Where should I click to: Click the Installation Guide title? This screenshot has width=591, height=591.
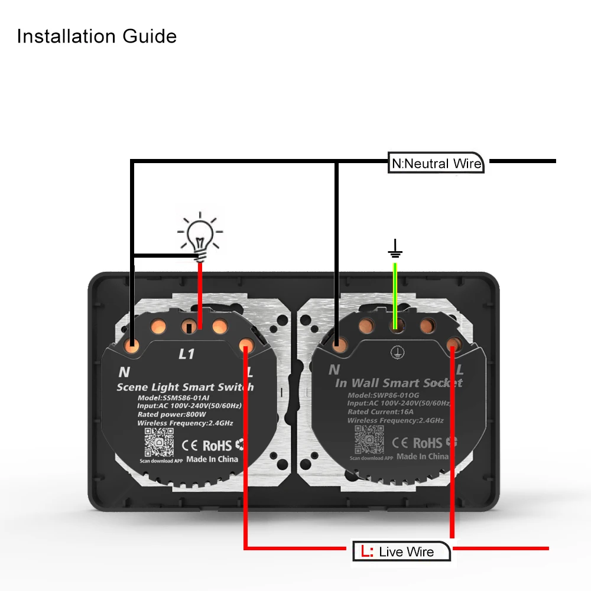(97, 36)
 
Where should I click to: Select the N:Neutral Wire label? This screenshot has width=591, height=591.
(437, 163)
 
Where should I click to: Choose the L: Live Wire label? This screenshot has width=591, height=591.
(402, 551)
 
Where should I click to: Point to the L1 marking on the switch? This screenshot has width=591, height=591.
(186, 354)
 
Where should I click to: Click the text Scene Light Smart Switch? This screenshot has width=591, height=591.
(185, 387)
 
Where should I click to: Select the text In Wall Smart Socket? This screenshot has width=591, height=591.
(399, 383)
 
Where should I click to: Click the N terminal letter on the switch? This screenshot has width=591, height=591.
(124, 372)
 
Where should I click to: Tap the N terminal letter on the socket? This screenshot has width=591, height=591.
(334, 369)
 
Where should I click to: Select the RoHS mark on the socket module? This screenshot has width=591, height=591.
(427, 443)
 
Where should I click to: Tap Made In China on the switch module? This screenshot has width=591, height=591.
(212, 459)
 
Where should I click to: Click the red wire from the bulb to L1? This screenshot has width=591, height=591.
(200, 295)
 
